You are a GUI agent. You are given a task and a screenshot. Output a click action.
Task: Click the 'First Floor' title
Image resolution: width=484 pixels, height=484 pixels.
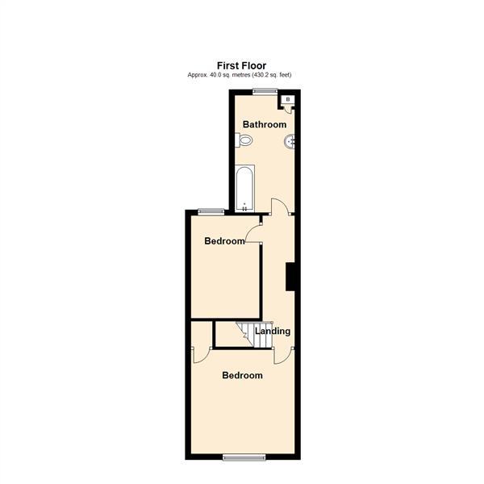(x=242, y=65)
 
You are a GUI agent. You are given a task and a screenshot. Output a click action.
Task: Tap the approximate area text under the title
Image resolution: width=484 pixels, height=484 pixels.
(x=239, y=75)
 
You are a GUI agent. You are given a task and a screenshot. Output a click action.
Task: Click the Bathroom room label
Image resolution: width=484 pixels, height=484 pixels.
(x=265, y=124)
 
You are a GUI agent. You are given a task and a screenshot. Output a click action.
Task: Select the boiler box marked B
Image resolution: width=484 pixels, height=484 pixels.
(x=289, y=99)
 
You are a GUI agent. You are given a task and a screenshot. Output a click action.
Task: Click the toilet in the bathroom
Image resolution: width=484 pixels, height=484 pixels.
(x=244, y=141)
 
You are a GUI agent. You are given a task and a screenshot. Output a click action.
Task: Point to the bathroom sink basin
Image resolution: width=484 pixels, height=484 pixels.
(x=291, y=143)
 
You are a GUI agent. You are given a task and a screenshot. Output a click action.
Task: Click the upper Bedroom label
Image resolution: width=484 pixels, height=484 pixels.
(x=223, y=241)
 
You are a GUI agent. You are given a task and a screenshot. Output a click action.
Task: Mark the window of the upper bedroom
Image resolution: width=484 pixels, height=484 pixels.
(x=211, y=211)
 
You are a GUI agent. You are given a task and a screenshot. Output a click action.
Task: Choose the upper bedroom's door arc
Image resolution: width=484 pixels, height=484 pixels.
(x=253, y=233)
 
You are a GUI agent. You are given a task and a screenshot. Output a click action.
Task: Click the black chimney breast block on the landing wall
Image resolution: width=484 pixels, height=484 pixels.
(x=292, y=275)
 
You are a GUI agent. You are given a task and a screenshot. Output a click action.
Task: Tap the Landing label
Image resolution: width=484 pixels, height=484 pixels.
(x=273, y=331)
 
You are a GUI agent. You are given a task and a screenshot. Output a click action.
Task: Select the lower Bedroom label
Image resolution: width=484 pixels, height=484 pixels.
(x=243, y=375)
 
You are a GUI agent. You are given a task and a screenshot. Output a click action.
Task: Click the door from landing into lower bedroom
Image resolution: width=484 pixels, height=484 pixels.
(x=282, y=354)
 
